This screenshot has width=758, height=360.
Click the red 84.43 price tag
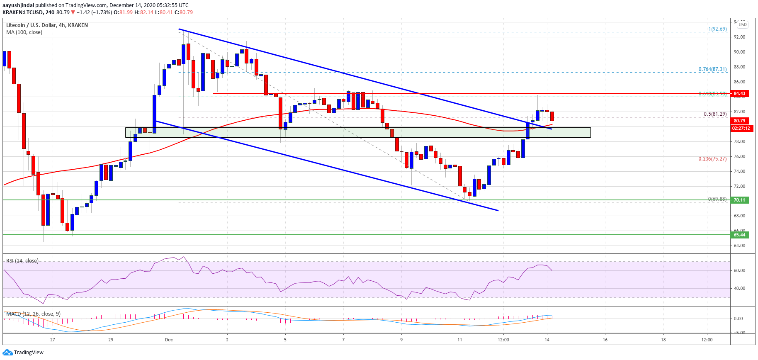[739, 93]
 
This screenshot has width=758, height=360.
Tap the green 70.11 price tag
[739, 200]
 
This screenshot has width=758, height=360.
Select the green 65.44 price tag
[739, 235]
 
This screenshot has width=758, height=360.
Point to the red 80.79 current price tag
[739, 121]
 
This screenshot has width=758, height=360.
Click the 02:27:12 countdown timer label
[741, 128]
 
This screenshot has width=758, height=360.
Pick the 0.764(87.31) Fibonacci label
[712, 69]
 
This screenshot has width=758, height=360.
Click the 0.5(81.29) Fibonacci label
[715, 114]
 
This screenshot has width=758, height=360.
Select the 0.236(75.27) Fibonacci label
[712, 159]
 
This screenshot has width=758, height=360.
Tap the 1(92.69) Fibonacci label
[717, 29]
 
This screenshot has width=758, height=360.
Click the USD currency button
[742, 24]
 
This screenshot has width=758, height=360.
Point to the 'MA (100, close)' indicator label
[24, 32]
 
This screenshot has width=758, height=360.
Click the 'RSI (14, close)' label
[22, 261]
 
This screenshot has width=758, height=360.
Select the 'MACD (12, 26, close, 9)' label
[33, 314]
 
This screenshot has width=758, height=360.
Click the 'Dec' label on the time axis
[169, 340]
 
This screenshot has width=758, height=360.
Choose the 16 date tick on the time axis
[605, 340]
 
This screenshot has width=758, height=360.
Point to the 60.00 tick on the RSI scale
[739, 270]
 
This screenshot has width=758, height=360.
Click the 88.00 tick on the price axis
[739, 67]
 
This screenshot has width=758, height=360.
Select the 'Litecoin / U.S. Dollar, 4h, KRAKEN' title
[47, 25]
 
